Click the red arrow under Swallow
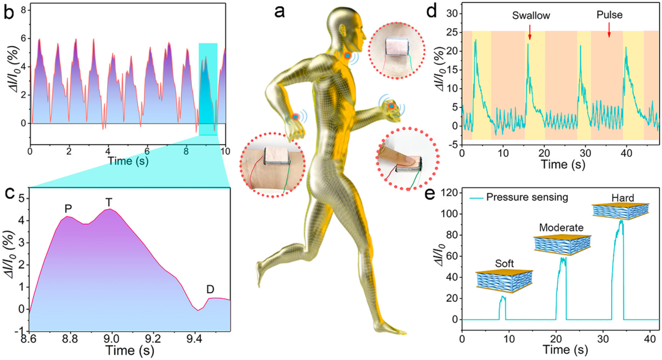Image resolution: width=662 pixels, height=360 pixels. point(529,38)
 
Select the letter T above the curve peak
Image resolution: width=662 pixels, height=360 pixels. point(109,202)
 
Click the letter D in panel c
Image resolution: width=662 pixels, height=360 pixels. point(210,289)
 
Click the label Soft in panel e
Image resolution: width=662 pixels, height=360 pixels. point(503,266)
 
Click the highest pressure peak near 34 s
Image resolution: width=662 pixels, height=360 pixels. point(621,221)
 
